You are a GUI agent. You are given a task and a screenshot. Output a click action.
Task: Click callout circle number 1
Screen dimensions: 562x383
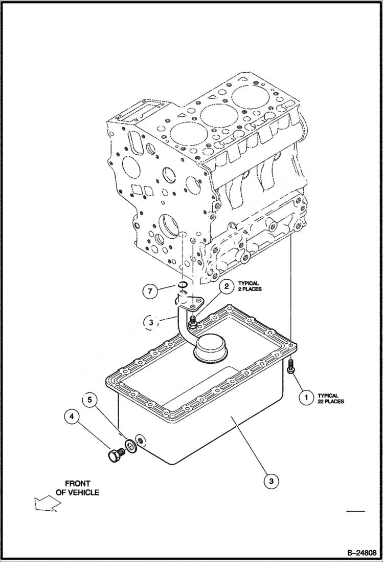pyautogui.click(x=306, y=398)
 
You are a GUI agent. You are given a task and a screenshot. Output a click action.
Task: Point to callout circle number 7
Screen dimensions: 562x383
pyautogui.click(x=150, y=292)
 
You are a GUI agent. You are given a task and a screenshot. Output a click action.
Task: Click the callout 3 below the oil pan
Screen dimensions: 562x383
pyautogui.click(x=271, y=481)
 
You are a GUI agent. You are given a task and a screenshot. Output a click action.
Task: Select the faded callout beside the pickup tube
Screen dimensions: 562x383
pyautogui.click(x=150, y=322)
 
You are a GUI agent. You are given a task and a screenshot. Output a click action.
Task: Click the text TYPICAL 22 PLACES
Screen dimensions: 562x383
pyautogui.click(x=330, y=398)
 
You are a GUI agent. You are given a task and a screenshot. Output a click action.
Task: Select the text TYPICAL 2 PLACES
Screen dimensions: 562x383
pyautogui.click(x=249, y=286)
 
